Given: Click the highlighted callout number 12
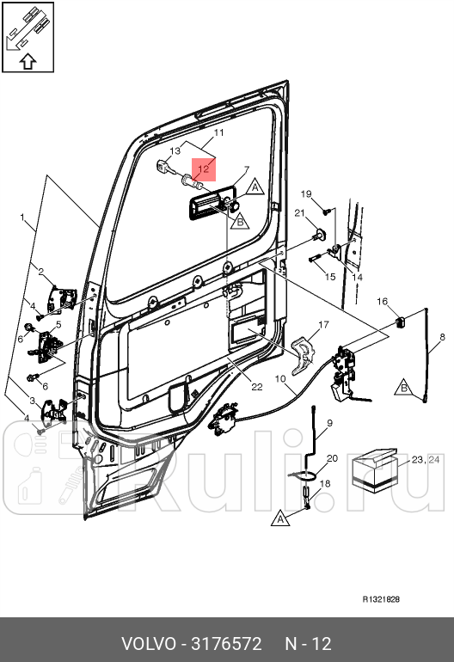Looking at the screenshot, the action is click(x=204, y=169).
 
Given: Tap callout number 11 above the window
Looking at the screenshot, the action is click(x=218, y=132).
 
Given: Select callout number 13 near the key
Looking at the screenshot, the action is click(x=175, y=150).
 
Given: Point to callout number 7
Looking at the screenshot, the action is click(x=247, y=169).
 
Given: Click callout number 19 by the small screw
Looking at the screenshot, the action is click(x=306, y=193).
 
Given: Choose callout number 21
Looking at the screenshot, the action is click(x=299, y=213).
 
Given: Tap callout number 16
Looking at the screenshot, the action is click(x=383, y=301).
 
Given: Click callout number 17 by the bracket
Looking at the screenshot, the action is click(x=323, y=325).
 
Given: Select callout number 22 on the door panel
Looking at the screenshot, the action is click(x=257, y=387).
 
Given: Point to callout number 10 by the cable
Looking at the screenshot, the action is click(x=280, y=378).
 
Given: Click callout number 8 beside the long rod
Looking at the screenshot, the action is click(x=442, y=337).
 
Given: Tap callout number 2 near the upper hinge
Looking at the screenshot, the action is click(x=41, y=272).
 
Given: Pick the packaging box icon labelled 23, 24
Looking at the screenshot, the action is click(x=375, y=470).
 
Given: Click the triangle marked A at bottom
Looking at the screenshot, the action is click(x=281, y=519).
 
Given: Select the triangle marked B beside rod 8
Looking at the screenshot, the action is click(x=404, y=387).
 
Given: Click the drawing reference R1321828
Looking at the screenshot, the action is click(x=381, y=599).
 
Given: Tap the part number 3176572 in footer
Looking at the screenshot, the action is click(x=227, y=644).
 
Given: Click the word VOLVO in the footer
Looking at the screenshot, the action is click(x=148, y=644).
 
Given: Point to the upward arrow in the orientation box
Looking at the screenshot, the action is click(x=28, y=62).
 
